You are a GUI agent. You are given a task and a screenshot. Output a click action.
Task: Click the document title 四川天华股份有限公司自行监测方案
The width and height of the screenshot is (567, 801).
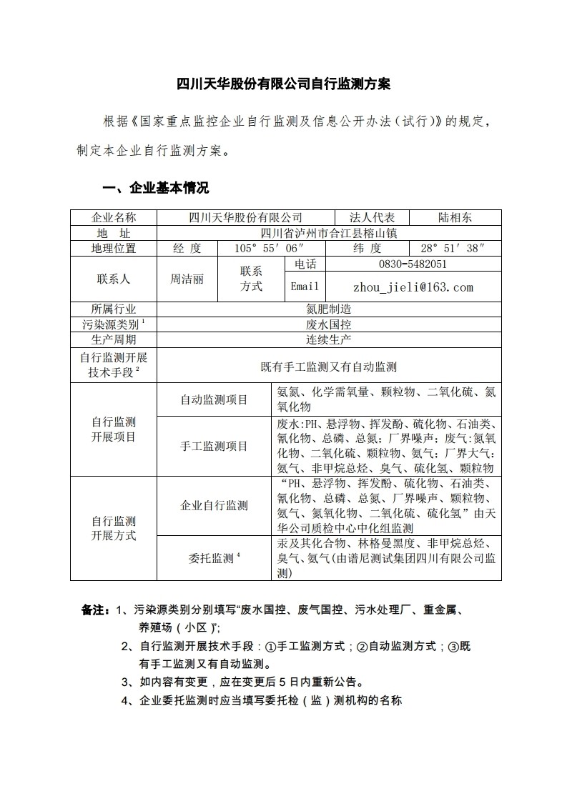pyautogui.click(x=283, y=84)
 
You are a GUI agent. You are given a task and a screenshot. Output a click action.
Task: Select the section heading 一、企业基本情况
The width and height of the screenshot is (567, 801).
pyautogui.click(x=156, y=189)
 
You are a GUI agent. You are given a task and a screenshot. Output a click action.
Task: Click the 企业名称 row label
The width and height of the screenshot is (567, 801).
pyautogui.click(x=114, y=218)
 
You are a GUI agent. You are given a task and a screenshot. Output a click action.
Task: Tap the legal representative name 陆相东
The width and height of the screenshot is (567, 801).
pyautogui.click(x=455, y=218)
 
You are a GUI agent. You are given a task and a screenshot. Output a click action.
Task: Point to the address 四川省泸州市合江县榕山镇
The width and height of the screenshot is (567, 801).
pyautogui.click(x=329, y=233)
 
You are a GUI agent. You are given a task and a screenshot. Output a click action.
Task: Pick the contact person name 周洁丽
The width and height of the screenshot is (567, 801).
pyautogui.click(x=186, y=279)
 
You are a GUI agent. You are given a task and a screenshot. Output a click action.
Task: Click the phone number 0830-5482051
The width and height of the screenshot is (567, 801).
pyautogui.click(x=413, y=264)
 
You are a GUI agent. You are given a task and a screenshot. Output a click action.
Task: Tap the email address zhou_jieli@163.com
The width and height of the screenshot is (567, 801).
pyautogui.click(x=413, y=287)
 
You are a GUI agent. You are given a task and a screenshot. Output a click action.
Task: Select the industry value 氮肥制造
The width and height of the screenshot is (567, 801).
pyautogui.click(x=329, y=309)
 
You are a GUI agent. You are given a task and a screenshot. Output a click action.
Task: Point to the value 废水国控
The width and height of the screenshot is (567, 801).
pyautogui.click(x=329, y=324)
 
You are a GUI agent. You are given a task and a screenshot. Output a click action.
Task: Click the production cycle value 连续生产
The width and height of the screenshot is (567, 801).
pyautogui.click(x=329, y=339)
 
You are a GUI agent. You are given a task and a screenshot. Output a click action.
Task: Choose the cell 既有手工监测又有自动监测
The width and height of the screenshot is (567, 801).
pyautogui.click(x=329, y=367)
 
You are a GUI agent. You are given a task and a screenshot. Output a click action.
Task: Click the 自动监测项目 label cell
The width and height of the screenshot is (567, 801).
pyautogui.click(x=213, y=400)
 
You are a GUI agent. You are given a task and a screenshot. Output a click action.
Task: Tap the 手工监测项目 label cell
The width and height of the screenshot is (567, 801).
pyautogui.click(x=213, y=447)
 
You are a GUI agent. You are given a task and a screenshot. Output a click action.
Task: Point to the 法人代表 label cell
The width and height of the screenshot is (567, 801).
pyautogui.click(x=378, y=218)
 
